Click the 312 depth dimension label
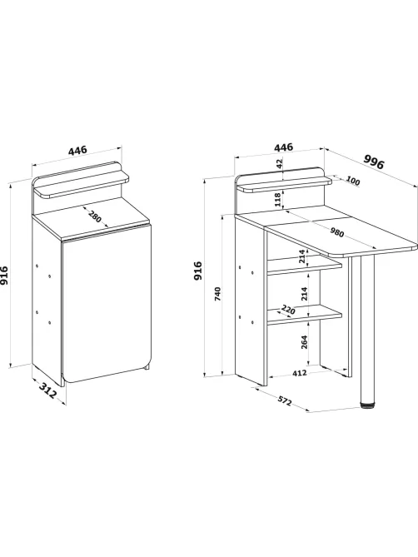(47, 390)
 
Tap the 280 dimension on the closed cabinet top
(94, 216)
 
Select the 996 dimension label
(374, 162)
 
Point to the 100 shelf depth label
(353, 182)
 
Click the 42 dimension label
(280, 164)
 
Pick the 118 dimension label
(278, 200)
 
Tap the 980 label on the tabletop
(336, 232)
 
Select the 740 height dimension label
(218, 294)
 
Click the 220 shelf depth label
(288, 310)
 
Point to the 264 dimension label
(305, 341)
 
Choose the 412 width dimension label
(300, 373)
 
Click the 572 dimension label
(285, 400)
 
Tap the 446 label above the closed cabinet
(77, 150)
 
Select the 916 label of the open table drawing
(198, 271)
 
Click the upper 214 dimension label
(302, 256)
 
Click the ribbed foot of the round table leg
(367, 405)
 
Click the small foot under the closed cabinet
(147, 367)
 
